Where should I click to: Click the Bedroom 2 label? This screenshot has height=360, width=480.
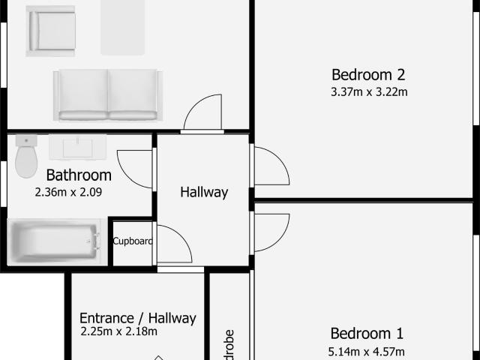pos(368,75)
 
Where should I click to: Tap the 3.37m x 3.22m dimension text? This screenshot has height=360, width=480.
pos(368,93)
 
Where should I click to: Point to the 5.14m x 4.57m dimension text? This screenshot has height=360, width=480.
pos(367,352)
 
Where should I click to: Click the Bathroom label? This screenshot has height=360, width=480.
pos(79,175)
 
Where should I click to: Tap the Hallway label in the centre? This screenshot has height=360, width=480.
pos(204,192)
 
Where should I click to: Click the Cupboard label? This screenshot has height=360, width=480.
pos(133,241)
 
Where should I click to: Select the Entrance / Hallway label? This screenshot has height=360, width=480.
pos(137,318)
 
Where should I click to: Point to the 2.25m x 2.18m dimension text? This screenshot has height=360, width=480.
pos(118,331)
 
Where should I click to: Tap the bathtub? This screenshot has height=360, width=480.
pos(54,241)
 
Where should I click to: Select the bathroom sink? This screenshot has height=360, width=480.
pos(77,147)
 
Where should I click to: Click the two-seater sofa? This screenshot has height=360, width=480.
pos(107,95)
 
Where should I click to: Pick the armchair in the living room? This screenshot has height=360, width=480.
pos(51,31)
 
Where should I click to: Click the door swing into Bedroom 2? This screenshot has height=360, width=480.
pos(270,166)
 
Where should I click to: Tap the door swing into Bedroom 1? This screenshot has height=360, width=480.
pos(270,232)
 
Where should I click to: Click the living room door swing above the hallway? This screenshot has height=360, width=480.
pos(202,113)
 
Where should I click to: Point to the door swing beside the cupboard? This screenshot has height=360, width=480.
pos(173,244)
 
